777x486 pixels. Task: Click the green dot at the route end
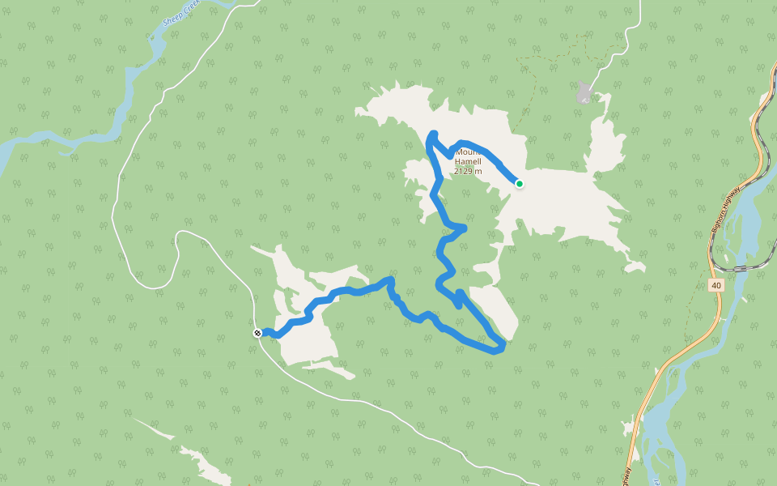(520, 184)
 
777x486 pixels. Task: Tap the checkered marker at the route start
(257, 333)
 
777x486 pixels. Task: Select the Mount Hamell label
(469, 156)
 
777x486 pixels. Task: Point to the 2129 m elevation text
(468, 171)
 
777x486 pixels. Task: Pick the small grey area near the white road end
(584, 92)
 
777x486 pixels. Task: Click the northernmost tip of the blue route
(434, 134)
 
